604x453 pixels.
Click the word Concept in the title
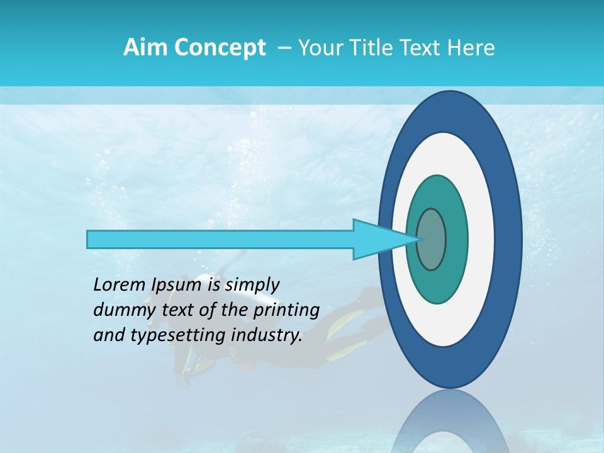click(x=220, y=48)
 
